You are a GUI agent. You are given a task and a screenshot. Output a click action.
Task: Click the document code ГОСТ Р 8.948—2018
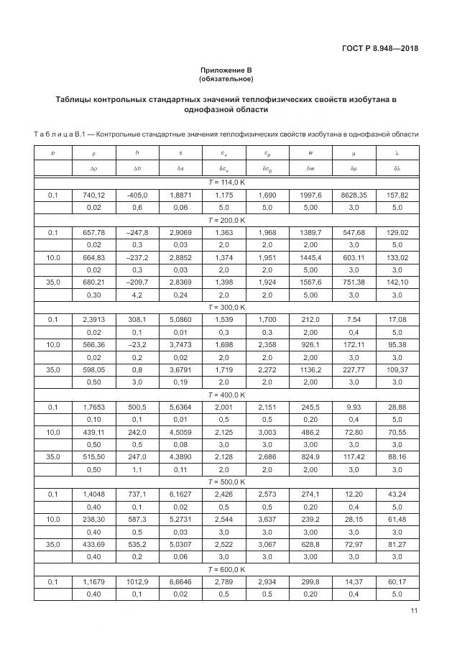(381, 49)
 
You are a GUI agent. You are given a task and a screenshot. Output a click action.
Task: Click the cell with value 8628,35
(354, 195)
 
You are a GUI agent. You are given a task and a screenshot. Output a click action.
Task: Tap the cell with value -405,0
(137, 195)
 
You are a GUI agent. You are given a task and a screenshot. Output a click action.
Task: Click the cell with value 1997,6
(310, 195)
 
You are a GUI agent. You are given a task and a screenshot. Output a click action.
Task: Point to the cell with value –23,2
(137, 345)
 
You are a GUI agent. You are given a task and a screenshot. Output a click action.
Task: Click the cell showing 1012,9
(137, 581)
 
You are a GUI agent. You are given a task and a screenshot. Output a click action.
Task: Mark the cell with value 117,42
(354, 457)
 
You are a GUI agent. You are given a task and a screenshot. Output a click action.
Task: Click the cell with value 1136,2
(310, 369)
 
